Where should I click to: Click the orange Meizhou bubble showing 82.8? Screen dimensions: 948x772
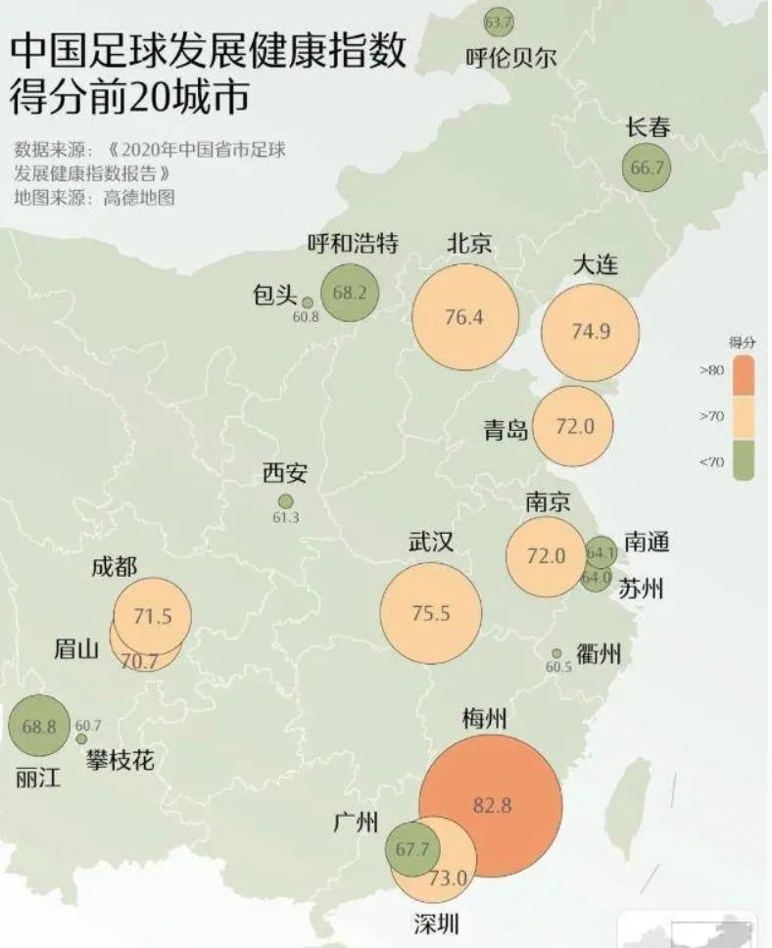coord(491,805)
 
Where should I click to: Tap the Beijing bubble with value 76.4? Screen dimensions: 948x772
coord(463,317)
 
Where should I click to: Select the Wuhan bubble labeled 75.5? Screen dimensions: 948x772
coord(430,614)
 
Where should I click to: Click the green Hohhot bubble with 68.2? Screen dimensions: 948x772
coord(349,292)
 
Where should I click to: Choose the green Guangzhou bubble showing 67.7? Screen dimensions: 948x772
coord(410,849)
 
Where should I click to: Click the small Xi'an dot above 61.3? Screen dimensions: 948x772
coord(285,501)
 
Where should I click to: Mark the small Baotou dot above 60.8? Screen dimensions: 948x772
coord(307,303)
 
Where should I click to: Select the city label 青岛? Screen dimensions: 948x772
coord(506,429)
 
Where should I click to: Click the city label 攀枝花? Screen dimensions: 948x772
coord(120,759)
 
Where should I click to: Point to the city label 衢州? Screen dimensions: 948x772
coord(598,655)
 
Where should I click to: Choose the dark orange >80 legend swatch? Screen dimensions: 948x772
coord(740,371)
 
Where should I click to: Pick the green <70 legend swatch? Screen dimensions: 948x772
coord(740,461)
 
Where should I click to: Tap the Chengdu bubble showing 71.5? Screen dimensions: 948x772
coord(152,616)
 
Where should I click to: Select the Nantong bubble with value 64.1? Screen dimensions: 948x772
coord(601,551)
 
